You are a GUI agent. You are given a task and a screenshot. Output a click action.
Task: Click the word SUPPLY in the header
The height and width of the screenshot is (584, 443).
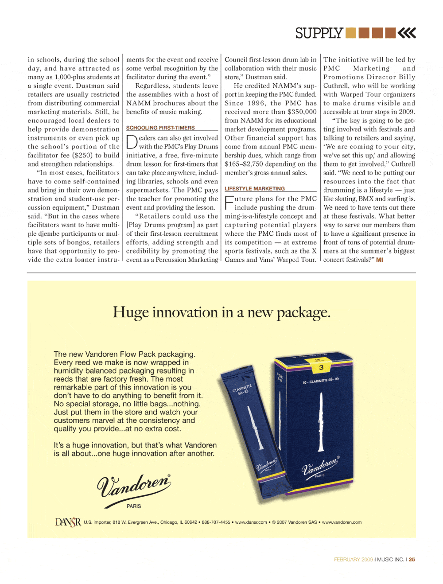pyautogui.click(x=319, y=33)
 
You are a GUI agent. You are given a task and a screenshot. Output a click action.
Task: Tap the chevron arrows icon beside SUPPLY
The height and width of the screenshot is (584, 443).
pyautogui.click(x=407, y=33)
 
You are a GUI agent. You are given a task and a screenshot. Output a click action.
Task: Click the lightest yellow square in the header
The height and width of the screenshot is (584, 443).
pyautogui.click(x=351, y=33)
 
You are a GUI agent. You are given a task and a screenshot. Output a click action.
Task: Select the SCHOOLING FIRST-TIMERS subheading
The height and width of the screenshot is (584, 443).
pyautogui.click(x=160, y=128)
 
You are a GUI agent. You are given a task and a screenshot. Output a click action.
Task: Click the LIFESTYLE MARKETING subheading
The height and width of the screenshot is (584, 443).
pyautogui.click(x=255, y=188)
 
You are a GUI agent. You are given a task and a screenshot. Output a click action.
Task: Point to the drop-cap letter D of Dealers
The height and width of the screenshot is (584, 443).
pyautogui.click(x=132, y=142)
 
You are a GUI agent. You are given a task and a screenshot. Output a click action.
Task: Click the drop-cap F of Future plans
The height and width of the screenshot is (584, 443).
pyautogui.click(x=229, y=202)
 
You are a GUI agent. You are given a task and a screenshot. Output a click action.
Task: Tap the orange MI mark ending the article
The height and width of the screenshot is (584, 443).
pyautogui.click(x=380, y=260)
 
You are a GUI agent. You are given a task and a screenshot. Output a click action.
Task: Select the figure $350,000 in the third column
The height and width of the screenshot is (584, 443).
pyautogui.click(x=302, y=112)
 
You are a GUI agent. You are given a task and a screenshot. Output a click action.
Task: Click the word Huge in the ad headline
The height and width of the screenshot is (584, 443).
pyautogui.click(x=131, y=312)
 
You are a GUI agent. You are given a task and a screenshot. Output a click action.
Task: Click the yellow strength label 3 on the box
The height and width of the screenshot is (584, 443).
pyautogui.click(x=321, y=367)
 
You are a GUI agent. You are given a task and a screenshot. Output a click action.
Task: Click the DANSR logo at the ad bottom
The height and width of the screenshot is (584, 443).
pyautogui.click(x=68, y=522)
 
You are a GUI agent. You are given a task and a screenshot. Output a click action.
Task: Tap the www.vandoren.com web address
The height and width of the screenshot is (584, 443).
pyautogui.click(x=342, y=522)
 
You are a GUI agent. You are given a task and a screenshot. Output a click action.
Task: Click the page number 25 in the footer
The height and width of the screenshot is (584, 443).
pyautogui.click(x=412, y=560)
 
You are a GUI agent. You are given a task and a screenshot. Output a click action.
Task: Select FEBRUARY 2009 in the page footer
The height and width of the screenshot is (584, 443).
pyautogui.click(x=353, y=560)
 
